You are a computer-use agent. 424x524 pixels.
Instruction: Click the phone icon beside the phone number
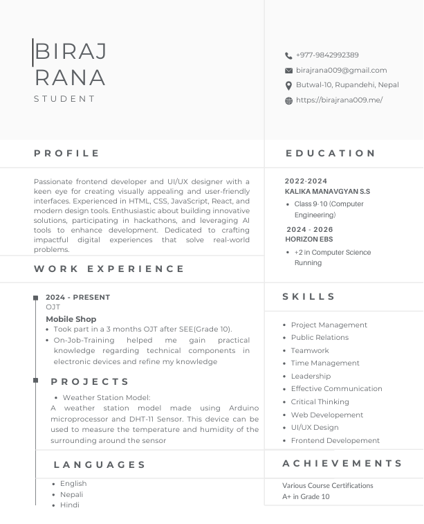[x=288, y=55]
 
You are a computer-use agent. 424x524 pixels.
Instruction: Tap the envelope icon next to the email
[x=288, y=71]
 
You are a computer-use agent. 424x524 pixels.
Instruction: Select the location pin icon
[x=288, y=86]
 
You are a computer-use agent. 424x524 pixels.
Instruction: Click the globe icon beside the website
[x=288, y=100]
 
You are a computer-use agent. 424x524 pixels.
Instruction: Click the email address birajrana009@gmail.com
[x=341, y=71]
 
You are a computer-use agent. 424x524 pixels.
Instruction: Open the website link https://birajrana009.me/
[x=339, y=100]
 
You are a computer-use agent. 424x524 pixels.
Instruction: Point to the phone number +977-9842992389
[x=327, y=55]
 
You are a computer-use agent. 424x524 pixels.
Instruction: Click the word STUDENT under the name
[x=65, y=99]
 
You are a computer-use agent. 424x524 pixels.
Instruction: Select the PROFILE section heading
[x=67, y=154]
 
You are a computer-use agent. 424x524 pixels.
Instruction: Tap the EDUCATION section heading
[x=331, y=154]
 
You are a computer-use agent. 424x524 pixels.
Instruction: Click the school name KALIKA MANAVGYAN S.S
[x=327, y=191]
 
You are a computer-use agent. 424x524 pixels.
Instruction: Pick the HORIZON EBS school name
[x=308, y=240]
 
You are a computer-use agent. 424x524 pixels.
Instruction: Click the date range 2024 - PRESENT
[x=77, y=298]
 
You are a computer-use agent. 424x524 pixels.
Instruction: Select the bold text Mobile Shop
[x=71, y=320]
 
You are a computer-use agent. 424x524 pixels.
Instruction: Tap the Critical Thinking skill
[x=320, y=402]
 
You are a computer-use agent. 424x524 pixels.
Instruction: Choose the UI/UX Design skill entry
[x=315, y=428]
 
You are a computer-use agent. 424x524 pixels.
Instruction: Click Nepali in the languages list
[x=71, y=495]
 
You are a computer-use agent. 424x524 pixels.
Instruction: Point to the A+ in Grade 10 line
[x=306, y=497]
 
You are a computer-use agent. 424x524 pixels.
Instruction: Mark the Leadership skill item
[x=311, y=377]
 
